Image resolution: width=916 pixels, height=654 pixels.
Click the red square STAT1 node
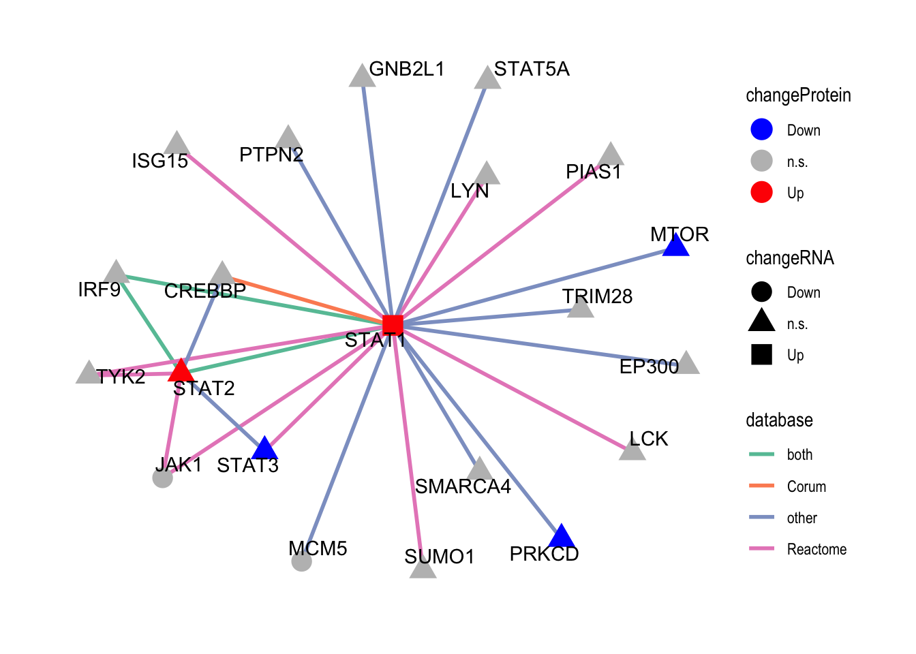point(393,325)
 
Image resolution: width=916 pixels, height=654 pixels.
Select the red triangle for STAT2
point(181,371)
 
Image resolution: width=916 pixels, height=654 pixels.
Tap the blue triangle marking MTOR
point(676,246)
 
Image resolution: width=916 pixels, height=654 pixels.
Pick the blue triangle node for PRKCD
point(560,537)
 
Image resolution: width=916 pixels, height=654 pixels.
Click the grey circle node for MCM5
point(301,561)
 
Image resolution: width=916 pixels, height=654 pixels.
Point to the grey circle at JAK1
point(162,478)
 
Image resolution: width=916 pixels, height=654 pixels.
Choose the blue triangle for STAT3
point(264,449)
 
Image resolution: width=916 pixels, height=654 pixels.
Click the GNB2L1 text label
point(406,69)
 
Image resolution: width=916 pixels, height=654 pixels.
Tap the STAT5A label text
point(532,69)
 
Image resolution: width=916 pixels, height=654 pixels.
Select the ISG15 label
point(159,161)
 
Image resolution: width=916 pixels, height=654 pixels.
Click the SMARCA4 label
point(463,486)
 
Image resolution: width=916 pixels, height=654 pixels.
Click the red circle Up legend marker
point(761,193)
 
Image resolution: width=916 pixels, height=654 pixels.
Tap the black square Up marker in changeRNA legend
point(761,355)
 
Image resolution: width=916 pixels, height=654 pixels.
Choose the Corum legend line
point(761,486)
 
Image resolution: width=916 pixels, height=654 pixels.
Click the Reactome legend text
point(816,549)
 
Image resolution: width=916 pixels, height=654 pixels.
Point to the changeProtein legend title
point(798,95)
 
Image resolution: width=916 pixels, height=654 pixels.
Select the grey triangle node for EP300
point(687,364)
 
